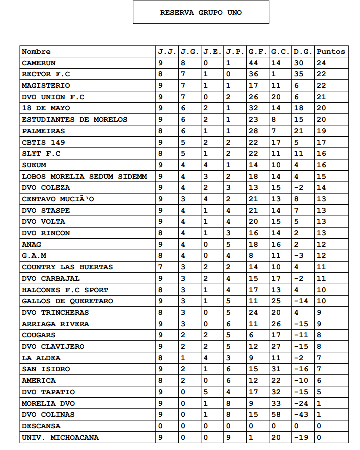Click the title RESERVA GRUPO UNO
(x=201, y=13)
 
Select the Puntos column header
(x=331, y=51)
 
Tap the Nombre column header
(x=36, y=51)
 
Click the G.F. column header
(x=257, y=51)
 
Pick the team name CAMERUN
(x=39, y=63)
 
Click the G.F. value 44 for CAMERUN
(x=253, y=63)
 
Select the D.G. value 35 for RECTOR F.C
(x=299, y=74)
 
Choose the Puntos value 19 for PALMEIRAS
(x=321, y=131)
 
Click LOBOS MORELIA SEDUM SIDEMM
(x=84, y=176)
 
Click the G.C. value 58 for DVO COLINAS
(x=276, y=414)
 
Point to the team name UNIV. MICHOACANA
(x=60, y=437)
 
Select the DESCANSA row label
(x=41, y=426)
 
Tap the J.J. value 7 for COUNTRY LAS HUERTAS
(x=160, y=267)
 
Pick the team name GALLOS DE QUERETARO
(x=67, y=301)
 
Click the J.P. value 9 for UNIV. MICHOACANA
(x=228, y=437)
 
